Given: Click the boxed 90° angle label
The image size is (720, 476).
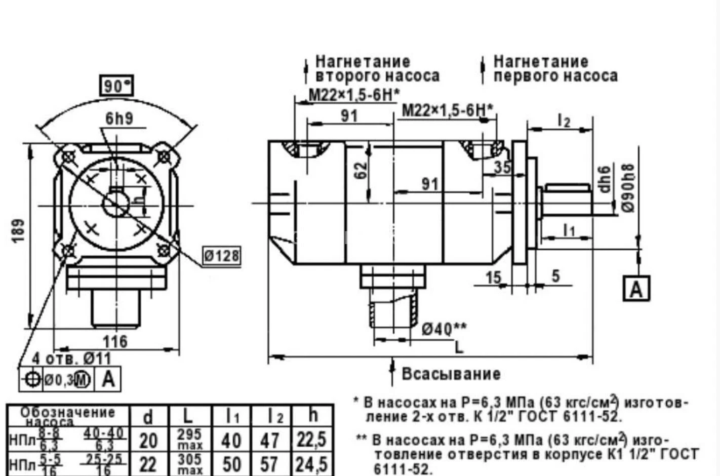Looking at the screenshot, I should tap(116, 86).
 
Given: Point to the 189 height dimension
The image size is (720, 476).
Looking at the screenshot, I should tap(19, 230).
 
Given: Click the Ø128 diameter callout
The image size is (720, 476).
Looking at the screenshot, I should tap(221, 256).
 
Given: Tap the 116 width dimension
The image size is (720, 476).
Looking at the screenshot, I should tap(115, 341).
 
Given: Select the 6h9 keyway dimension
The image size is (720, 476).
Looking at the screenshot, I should tap(119, 118).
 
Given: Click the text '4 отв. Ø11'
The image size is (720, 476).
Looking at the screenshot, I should tap(71, 359).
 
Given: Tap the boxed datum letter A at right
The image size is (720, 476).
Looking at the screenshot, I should tap(636, 289).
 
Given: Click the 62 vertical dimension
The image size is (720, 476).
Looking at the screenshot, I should tap(361, 170).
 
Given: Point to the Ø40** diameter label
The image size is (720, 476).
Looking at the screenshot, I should tap(444, 329).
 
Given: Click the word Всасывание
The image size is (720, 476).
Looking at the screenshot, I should tap(451, 374).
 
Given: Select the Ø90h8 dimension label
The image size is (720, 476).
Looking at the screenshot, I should tap(628, 187).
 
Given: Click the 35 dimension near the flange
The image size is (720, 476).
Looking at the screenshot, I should tap(502, 167).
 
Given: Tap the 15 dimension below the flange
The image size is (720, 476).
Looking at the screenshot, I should tap(493, 277).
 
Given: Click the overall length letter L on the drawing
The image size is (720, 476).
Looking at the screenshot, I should tap(459, 347).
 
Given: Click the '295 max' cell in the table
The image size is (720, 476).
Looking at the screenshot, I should tap(190, 440).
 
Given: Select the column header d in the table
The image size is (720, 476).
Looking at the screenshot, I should tap(148, 417).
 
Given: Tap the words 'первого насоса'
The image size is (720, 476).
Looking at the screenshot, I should tap(555, 76).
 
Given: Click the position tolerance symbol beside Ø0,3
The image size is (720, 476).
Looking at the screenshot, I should tap(31, 379).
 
